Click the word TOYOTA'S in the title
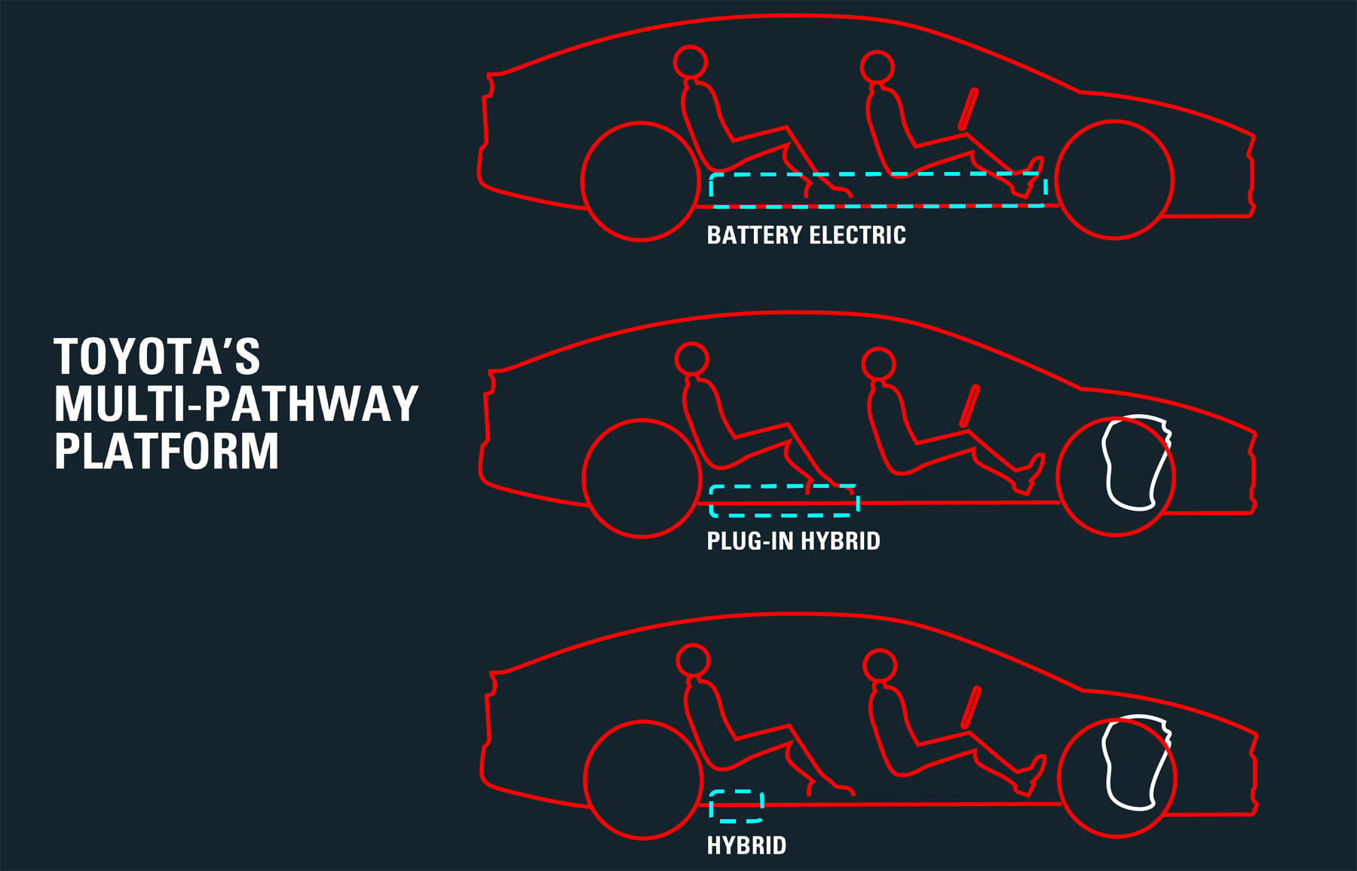(x=157, y=357)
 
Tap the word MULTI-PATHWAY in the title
(x=236, y=403)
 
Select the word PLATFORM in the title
(x=167, y=451)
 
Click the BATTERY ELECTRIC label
(x=806, y=235)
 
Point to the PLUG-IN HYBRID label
(x=793, y=541)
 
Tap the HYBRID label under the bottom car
(x=746, y=845)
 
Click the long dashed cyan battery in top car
(x=878, y=174)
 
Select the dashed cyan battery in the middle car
(x=784, y=487)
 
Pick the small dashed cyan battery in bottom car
(x=737, y=793)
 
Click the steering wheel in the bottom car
(x=970, y=707)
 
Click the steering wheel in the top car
(x=968, y=109)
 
